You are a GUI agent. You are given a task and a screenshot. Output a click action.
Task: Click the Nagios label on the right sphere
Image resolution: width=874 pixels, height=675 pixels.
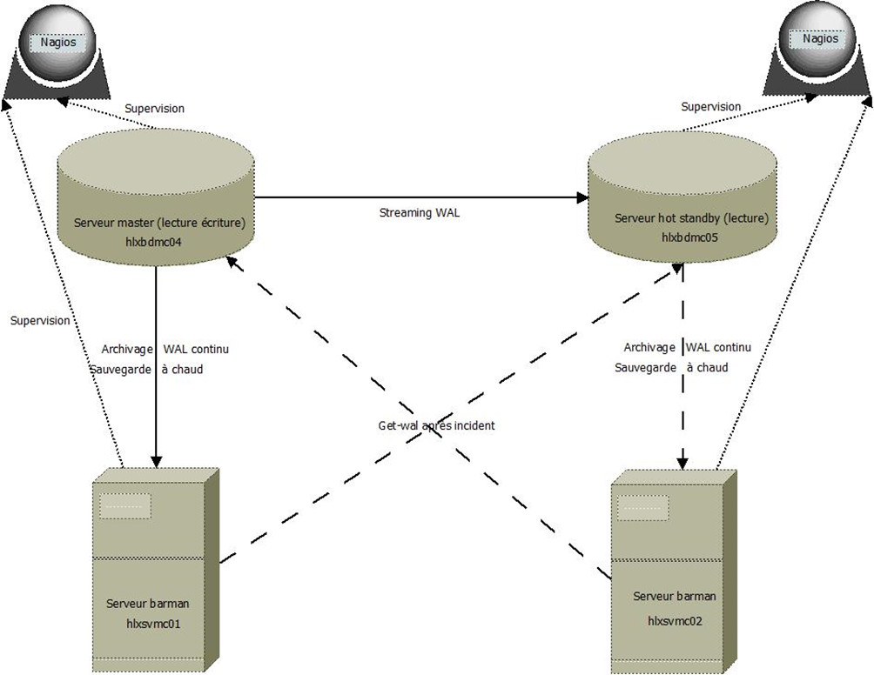[x=820, y=38]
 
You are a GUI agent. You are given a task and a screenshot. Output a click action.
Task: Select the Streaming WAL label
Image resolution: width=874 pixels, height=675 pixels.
[x=420, y=212]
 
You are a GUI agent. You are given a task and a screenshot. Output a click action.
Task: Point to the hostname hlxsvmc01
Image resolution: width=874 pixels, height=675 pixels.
[x=153, y=624]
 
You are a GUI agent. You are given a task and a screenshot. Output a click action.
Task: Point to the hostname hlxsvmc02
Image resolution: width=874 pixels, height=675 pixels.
[x=675, y=620]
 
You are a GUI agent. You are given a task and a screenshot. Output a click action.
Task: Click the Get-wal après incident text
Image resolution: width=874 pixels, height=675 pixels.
[x=431, y=426]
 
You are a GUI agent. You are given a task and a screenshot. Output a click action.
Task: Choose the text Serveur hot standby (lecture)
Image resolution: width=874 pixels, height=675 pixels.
[x=682, y=217]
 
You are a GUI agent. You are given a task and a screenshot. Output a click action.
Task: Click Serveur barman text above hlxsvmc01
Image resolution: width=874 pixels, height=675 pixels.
[x=148, y=604]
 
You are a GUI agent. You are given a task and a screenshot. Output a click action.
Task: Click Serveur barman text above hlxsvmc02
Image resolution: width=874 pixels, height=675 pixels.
[x=675, y=597]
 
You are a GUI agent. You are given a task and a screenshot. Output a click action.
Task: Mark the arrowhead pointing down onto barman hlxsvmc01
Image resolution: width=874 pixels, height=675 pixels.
[x=156, y=461]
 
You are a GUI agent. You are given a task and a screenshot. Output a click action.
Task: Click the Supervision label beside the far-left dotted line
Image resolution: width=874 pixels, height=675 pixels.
[x=40, y=321]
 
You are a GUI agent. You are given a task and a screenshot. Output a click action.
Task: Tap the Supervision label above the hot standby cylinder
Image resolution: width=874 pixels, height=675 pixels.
[x=711, y=107]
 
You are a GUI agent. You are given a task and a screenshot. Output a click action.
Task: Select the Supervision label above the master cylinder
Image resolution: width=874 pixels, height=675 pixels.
[x=154, y=109]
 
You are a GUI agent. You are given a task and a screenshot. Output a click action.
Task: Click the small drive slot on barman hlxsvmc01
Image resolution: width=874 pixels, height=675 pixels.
[x=125, y=506]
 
